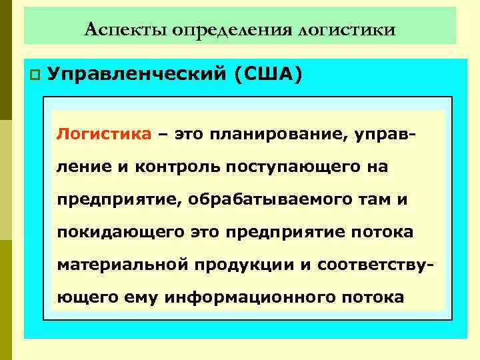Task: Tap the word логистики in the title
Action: [347, 29]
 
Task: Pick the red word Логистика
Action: [104, 133]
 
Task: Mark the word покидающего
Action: [121, 232]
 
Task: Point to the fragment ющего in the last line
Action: [87, 297]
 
